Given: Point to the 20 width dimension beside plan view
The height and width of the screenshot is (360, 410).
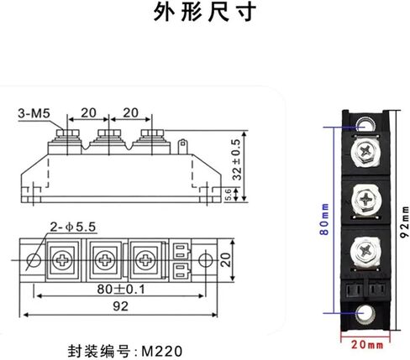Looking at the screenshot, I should coord(224,259).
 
